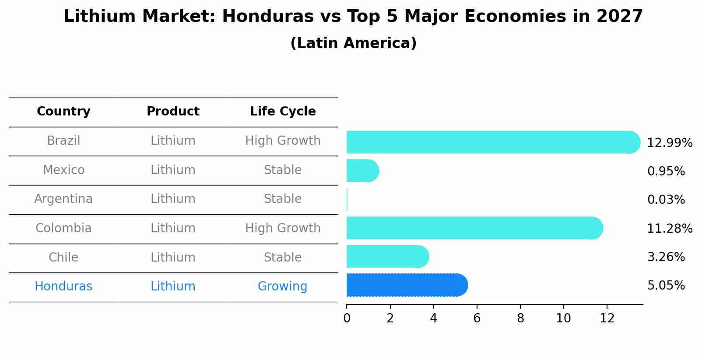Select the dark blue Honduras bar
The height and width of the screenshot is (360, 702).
pyautogui.click(x=407, y=285)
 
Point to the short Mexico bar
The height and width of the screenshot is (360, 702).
pyautogui.click(x=362, y=171)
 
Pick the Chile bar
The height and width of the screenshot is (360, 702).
pyautogui.click(x=387, y=256)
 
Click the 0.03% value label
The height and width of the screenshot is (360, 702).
pyautogui.click(x=666, y=200)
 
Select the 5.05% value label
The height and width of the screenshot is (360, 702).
pyautogui.click(x=666, y=286)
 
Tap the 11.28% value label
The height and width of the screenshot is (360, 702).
pyautogui.click(x=670, y=228)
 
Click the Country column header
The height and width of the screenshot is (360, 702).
pyautogui.click(x=63, y=112)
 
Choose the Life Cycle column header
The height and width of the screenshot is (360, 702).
pyautogui.click(x=283, y=112)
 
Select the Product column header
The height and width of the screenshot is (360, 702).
pyautogui.click(x=173, y=112)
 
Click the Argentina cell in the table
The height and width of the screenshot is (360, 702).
pyautogui.click(x=63, y=199)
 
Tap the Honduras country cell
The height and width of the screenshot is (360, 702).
pyautogui.click(x=63, y=287)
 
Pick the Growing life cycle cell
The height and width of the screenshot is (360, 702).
pyautogui.click(x=282, y=287)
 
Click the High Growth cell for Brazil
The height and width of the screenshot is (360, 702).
pyautogui.click(x=283, y=141)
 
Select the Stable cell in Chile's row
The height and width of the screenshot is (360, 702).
pyautogui.click(x=283, y=257)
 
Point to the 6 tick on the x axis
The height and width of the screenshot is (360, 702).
pyautogui.click(x=477, y=318)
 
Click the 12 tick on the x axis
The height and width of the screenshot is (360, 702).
pyautogui.click(x=607, y=318)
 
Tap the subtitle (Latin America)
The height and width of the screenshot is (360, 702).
pyautogui.click(x=353, y=43)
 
